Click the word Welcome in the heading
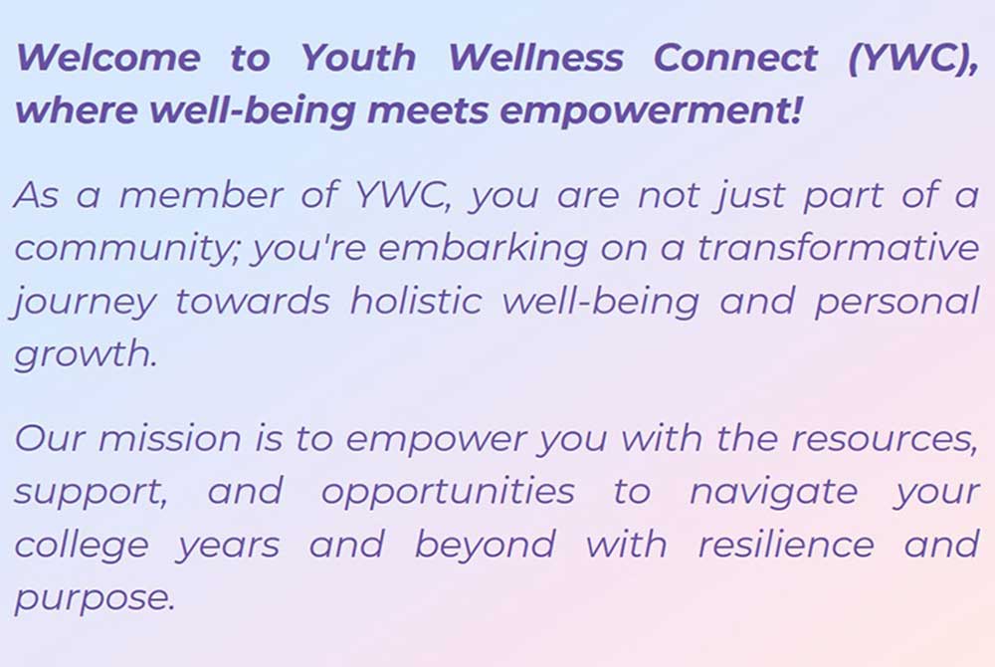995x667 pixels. pos(107,58)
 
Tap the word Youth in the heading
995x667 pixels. pos(358,58)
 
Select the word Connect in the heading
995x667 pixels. pos(735,58)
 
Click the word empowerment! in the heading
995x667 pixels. pos(651,111)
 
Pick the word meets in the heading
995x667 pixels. pos(428,111)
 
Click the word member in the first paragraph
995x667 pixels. pos(201,195)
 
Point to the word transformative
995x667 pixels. pos(839,248)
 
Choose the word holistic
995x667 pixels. pos(416,301)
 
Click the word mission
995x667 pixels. pos(170,439)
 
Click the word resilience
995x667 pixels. pos(786,545)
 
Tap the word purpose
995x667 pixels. pos(95,599)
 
